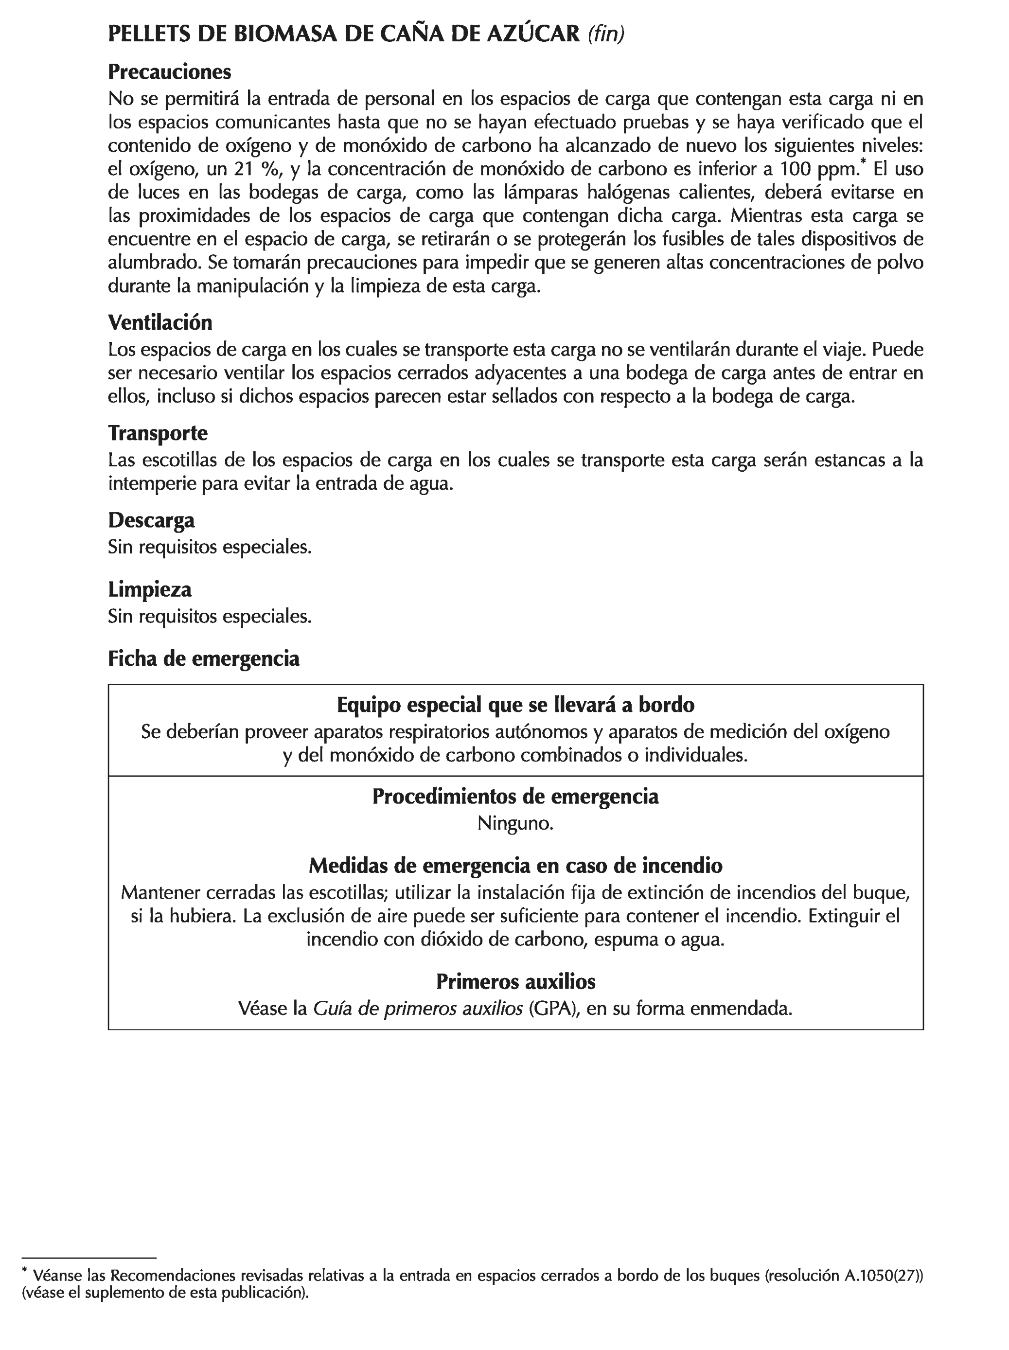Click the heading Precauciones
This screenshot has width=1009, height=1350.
(169, 72)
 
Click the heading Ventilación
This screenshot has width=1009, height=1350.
(160, 322)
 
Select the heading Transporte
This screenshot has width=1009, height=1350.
(158, 433)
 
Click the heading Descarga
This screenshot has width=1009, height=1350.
(151, 520)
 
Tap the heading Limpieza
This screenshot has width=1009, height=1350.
(150, 589)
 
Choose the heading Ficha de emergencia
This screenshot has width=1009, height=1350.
(203, 658)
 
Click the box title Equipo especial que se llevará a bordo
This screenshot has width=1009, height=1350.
(515, 705)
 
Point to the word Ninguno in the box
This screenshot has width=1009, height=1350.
(514, 823)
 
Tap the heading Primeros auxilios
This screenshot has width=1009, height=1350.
(515, 981)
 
